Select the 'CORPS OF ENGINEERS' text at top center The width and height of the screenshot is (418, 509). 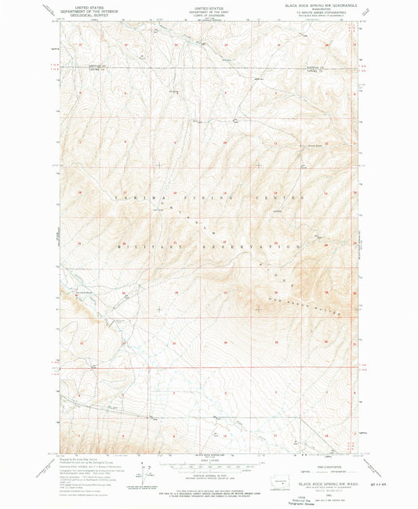209,13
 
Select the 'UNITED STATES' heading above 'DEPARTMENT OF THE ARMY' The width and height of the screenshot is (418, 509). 209,5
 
